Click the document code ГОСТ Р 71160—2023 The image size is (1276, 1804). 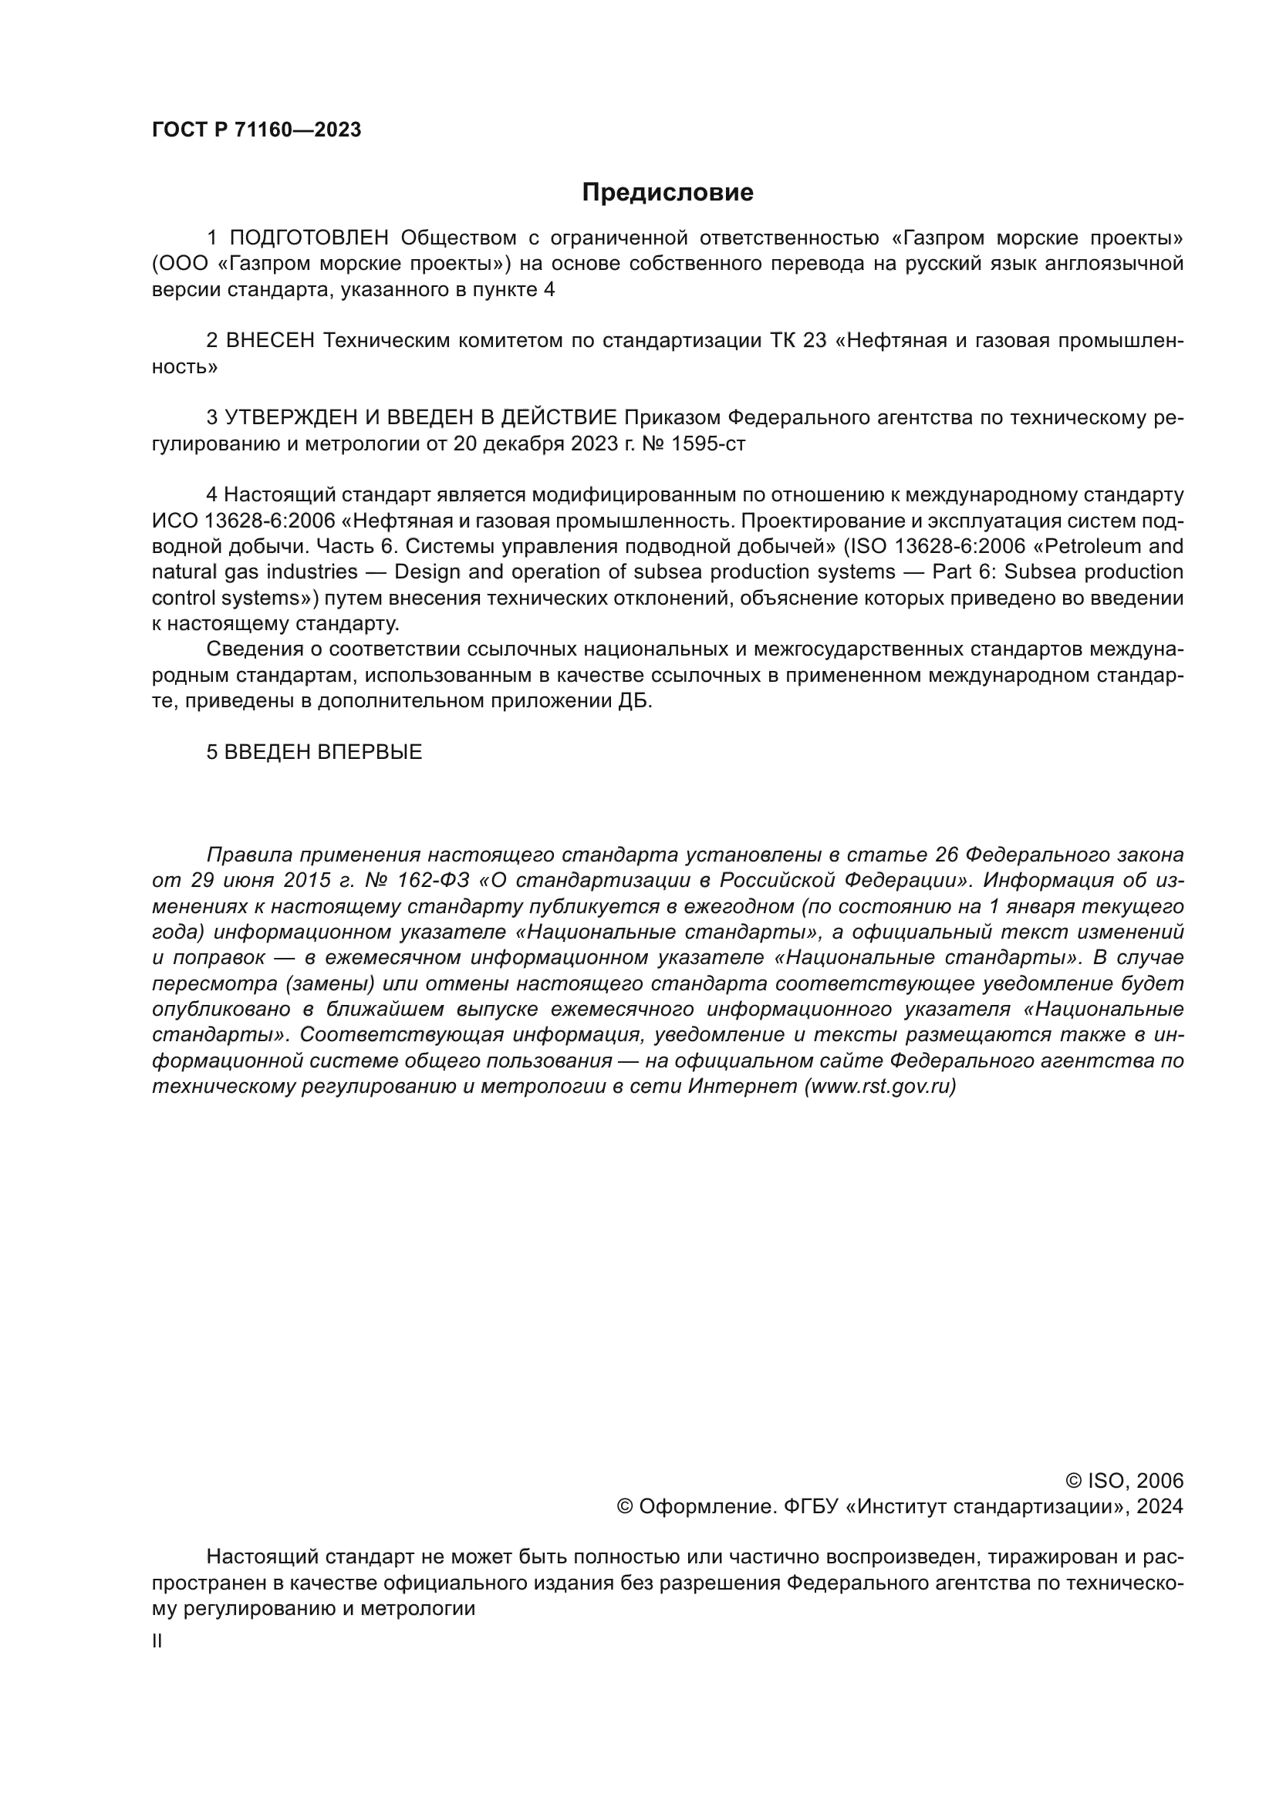pos(256,130)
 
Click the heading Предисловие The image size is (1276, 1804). pos(667,193)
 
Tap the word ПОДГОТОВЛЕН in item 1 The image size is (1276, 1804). pos(309,238)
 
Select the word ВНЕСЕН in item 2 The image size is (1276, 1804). pos(270,341)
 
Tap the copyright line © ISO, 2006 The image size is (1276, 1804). pos(1123,1481)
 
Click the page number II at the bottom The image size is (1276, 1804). pos(157,1641)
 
